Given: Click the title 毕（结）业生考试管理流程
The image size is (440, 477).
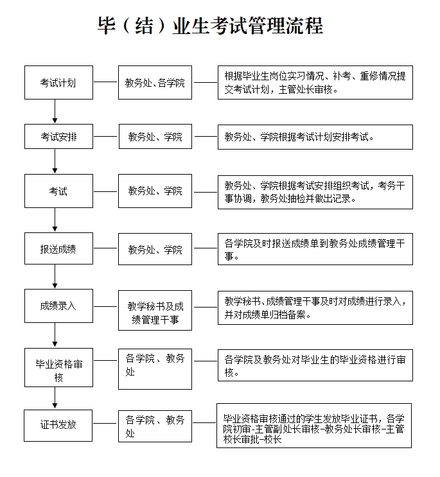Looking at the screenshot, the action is click(x=210, y=26).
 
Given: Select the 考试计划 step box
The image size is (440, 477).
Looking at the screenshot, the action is click(x=58, y=82).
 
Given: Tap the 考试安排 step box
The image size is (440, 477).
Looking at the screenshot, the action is click(x=58, y=136).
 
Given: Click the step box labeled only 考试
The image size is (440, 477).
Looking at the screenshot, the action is click(x=58, y=191).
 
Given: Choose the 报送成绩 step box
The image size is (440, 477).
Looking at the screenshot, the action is click(x=58, y=248).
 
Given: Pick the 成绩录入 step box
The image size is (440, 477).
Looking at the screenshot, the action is click(x=58, y=306).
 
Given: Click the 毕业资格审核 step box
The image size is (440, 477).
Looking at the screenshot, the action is click(x=58, y=367).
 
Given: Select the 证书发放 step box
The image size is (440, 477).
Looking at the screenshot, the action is click(x=58, y=426).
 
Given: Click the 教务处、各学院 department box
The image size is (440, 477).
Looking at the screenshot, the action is click(x=155, y=82).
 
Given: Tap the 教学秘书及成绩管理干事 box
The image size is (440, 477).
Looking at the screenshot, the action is click(x=155, y=310).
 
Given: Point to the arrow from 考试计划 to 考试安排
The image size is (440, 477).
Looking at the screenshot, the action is click(x=55, y=111).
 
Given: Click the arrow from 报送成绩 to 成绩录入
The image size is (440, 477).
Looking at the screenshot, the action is click(x=55, y=277).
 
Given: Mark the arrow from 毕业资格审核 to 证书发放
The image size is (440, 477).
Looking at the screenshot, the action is click(x=55, y=398).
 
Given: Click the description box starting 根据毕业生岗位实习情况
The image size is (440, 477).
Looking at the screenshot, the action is click(x=315, y=82).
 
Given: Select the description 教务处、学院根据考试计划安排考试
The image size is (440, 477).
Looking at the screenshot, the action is click(x=315, y=137).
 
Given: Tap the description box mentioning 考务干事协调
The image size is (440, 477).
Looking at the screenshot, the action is click(x=315, y=192).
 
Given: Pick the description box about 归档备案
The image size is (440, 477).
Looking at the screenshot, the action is click(x=315, y=308).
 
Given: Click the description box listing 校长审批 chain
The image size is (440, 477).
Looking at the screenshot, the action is click(x=314, y=426).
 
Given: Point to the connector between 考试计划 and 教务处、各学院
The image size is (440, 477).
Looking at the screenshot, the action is click(x=105, y=82).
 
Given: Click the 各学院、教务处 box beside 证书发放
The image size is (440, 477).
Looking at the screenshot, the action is click(x=155, y=426).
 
